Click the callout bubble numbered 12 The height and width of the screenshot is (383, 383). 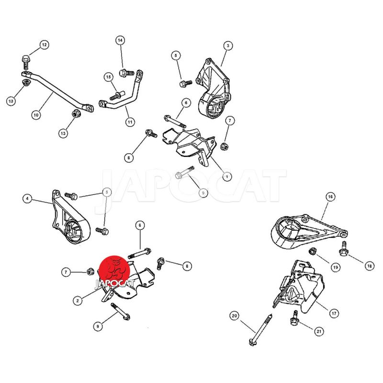tap(44, 45)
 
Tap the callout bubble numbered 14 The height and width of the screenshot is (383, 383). tap(120, 40)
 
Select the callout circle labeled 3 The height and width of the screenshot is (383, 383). tap(228, 45)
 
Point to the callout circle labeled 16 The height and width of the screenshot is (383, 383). tap(330, 197)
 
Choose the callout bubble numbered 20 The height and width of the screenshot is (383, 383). tap(234, 316)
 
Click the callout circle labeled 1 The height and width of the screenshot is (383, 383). tap(227, 176)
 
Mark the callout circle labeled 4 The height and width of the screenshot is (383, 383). tap(27, 199)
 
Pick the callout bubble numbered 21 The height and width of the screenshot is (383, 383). tap(319, 331)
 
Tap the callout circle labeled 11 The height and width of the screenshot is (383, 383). tap(130, 122)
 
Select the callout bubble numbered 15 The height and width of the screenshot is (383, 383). tap(109, 77)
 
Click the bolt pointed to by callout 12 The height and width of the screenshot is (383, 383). tap(25, 63)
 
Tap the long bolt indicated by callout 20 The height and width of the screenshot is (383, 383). tap(260, 330)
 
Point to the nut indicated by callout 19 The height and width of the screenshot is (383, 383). tap(313, 251)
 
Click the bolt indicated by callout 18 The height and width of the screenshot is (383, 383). tap(343, 249)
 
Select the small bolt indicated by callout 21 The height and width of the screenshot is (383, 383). tap(294, 318)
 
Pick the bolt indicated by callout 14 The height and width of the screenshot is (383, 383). tap(126, 73)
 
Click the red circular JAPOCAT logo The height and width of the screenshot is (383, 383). tap(114, 270)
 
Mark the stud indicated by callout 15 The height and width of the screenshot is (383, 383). tap(118, 95)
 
